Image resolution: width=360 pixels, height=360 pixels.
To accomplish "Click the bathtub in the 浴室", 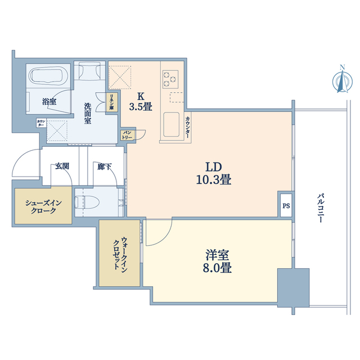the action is [x=48, y=75].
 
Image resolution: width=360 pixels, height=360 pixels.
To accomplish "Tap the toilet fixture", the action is [x=87, y=202].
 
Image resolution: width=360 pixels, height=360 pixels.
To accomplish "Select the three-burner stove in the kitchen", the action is [x=170, y=79].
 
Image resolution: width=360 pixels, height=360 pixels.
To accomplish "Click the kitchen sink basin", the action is [x=171, y=124].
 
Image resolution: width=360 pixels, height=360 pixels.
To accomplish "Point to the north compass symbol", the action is [x=343, y=79].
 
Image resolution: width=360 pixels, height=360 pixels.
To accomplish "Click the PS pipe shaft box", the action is [x=286, y=206].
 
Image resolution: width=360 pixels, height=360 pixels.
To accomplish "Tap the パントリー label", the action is [x=127, y=135].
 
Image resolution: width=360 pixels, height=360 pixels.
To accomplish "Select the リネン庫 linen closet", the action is [x=112, y=102].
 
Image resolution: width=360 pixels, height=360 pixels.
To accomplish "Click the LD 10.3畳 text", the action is [x=214, y=173].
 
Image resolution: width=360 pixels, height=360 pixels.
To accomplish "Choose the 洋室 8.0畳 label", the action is [x=217, y=261].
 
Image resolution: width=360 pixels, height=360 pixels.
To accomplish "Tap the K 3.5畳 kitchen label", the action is [x=141, y=102].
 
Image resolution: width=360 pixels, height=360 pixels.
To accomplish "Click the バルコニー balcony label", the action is [x=321, y=208].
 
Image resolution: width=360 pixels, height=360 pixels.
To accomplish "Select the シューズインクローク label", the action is [x=43, y=206].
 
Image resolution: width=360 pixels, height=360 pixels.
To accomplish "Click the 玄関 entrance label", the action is [x=62, y=166].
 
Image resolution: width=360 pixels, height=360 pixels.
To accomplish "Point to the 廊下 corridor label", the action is [x=105, y=166].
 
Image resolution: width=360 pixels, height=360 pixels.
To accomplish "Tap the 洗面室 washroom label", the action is [x=88, y=113].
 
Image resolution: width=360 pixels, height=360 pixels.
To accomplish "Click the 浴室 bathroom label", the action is [x=49, y=101].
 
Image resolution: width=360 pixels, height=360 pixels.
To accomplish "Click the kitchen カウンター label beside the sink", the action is [x=187, y=127].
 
